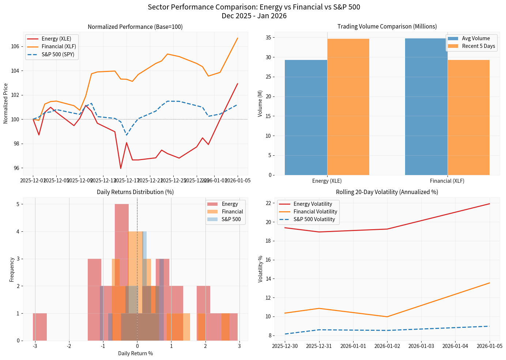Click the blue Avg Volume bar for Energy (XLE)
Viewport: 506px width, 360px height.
point(306,117)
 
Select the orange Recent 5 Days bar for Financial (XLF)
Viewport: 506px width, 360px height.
point(468,117)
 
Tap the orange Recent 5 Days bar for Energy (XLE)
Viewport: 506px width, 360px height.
point(348,107)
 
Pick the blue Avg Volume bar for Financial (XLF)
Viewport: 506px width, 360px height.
point(426,107)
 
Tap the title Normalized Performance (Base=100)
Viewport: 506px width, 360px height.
point(135,27)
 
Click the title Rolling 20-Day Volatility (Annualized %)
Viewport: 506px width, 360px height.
point(387,192)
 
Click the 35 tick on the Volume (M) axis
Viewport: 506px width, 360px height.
point(268,38)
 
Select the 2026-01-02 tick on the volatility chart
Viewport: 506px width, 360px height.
point(387,346)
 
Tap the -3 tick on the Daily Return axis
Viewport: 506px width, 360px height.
point(35,346)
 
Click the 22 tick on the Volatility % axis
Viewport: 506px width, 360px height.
point(269,203)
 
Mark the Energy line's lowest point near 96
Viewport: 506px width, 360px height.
point(121,168)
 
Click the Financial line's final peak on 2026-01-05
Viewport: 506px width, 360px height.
point(238,38)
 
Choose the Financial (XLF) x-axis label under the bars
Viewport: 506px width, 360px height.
point(447,181)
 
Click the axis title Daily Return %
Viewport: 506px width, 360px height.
point(135,353)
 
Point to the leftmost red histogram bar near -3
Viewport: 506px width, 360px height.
point(40,327)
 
